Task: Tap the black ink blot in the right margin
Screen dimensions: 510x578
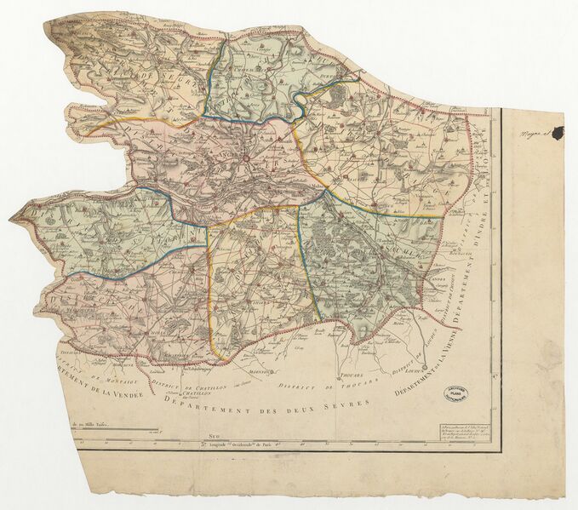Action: click(x=558, y=132)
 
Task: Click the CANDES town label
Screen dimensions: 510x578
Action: click(x=439, y=278)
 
